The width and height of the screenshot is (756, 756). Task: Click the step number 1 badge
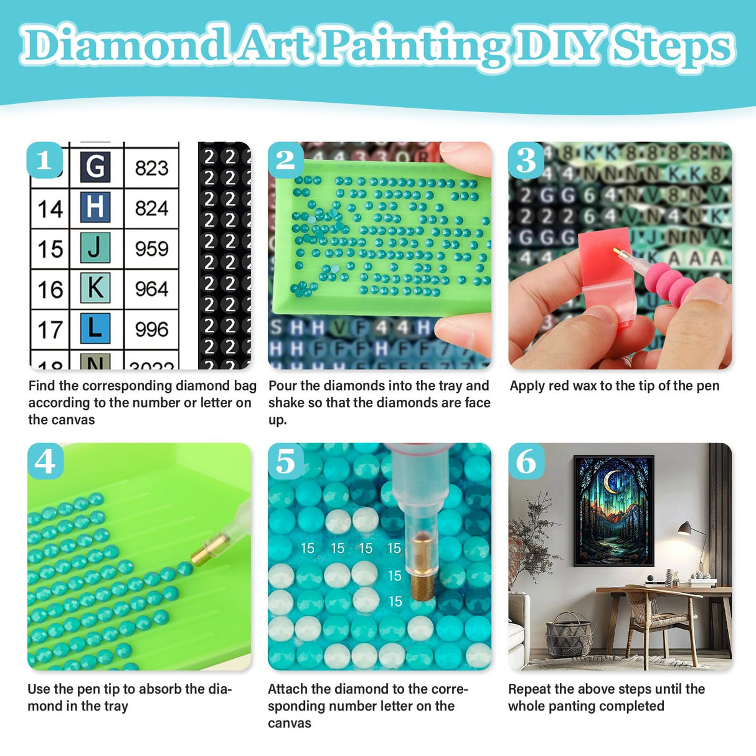[44, 160]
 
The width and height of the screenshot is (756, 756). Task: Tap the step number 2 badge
[285, 160]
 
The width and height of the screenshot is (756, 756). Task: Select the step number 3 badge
[526, 160]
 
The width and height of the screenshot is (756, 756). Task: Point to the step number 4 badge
[45, 461]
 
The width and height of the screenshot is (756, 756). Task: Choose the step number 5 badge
[285, 461]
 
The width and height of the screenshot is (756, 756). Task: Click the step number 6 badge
[526, 461]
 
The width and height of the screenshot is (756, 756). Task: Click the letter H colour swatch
[95, 207]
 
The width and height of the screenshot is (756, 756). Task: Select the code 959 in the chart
[151, 248]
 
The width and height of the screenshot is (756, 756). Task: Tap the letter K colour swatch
[95, 288]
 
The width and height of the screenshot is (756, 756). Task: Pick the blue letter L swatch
[95, 328]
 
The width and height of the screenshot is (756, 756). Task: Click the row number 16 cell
[50, 290]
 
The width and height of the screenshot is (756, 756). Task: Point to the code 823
[151, 168]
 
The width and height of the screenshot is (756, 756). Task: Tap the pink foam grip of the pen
[670, 283]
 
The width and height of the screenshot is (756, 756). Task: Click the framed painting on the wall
[614, 510]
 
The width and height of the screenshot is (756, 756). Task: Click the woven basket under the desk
[569, 635]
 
